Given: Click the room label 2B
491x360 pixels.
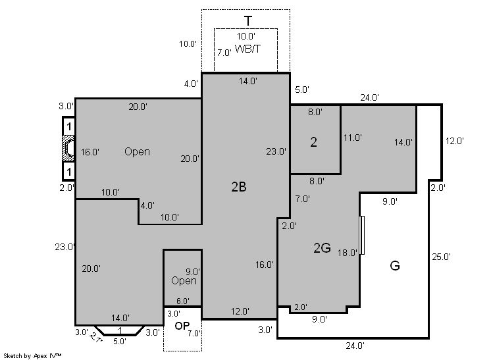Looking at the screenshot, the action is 239,187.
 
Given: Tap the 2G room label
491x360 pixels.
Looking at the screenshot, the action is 322,248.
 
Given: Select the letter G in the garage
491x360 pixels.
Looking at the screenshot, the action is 395,266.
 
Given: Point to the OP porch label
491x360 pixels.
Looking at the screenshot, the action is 182,326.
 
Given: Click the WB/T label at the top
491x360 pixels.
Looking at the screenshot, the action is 247,49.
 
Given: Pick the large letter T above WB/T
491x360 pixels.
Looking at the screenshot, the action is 248,21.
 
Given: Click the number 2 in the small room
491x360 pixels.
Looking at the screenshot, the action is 313,142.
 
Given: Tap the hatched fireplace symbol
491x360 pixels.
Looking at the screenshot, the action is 68,148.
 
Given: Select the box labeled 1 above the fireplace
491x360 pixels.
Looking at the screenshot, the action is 68,126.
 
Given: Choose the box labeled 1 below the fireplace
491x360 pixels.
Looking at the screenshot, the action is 68,171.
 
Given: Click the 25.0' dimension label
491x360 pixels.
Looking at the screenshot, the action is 441,257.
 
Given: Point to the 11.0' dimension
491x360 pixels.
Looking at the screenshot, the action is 353,138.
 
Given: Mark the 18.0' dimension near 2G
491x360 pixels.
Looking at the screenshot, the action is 348,253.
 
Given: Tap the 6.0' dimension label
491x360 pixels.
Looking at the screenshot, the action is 182,301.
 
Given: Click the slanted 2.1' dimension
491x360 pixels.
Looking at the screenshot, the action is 95,338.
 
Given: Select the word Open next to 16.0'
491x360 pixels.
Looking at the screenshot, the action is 137,152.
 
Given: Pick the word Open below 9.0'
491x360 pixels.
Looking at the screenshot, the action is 184,281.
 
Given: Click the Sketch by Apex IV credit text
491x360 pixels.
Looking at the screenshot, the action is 32,355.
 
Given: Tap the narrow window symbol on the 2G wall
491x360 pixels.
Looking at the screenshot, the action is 362,235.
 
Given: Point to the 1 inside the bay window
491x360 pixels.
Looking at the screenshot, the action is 120,330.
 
